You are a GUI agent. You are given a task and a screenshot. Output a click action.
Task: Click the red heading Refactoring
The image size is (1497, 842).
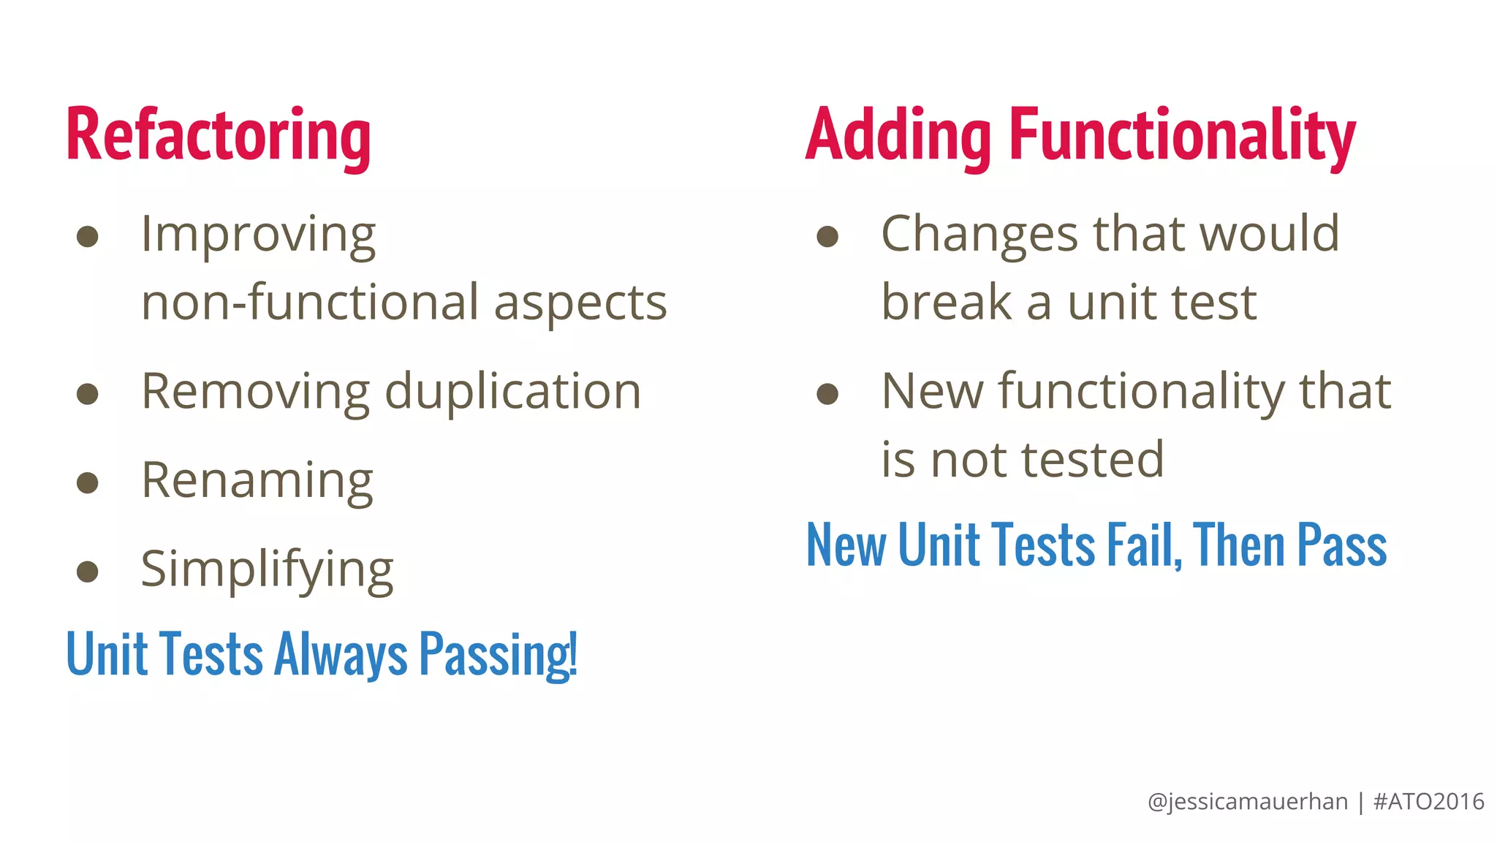[218, 136]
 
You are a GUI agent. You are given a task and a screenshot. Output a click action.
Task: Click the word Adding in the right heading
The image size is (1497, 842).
[898, 136]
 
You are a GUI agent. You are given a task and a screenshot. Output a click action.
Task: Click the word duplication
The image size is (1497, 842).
[512, 392]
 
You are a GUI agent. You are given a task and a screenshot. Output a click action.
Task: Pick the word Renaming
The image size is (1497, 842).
[257, 481]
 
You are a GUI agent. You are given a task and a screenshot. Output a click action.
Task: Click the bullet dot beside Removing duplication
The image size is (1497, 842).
[88, 394]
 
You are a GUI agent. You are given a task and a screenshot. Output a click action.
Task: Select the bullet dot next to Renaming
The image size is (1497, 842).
[88, 482]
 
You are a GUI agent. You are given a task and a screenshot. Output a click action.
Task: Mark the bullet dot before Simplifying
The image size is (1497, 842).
[88, 571]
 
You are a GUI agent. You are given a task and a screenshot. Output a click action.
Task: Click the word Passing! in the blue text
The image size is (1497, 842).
[498, 654]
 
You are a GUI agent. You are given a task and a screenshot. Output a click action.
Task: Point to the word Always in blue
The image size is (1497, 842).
[340, 654]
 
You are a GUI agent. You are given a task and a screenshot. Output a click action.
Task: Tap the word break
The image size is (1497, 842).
[947, 303]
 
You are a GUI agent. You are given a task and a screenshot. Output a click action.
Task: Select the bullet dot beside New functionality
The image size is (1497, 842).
[827, 394]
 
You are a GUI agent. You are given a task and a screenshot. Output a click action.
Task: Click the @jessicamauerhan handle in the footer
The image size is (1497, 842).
[1247, 802]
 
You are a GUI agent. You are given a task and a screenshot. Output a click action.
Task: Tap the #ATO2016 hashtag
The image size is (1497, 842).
[1428, 802]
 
